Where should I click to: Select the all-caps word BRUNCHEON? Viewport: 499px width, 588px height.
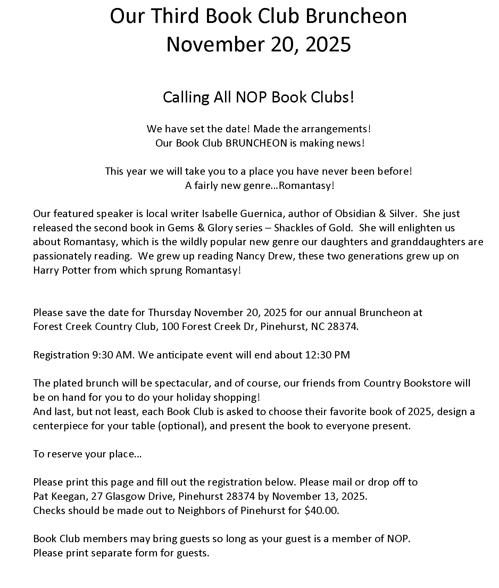256,143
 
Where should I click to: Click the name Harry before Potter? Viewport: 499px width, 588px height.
46,270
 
